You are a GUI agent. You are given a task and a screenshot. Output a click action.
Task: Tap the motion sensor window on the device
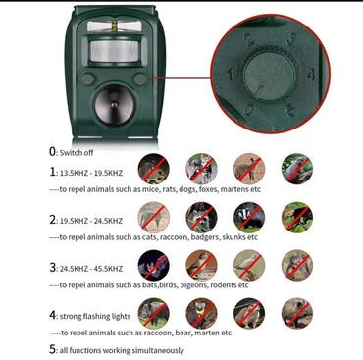[114, 51]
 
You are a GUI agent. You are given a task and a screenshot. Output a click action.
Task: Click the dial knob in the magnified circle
[270, 76]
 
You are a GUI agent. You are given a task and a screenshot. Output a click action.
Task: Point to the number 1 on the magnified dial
[232, 75]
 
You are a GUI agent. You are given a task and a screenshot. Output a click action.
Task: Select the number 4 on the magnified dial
[310, 75]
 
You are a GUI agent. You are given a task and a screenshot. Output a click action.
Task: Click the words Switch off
[77, 153]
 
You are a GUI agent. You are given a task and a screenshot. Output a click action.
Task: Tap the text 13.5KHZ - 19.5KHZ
[91, 173]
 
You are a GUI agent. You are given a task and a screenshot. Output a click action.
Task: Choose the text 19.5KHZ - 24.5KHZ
[91, 221]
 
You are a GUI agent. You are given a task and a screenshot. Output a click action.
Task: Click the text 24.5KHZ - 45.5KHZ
[91, 269]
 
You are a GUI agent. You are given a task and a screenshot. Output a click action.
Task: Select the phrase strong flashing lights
[95, 316]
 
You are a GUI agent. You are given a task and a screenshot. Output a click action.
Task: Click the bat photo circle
[154, 265]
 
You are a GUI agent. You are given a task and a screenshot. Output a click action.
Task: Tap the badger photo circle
[249, 217]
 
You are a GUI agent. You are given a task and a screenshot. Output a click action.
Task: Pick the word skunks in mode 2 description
[233, 237]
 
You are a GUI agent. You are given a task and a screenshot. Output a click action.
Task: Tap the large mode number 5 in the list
[52, 349]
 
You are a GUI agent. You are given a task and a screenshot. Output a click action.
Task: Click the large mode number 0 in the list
[53, 151]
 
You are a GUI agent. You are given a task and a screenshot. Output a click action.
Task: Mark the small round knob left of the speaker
[87, 79]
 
